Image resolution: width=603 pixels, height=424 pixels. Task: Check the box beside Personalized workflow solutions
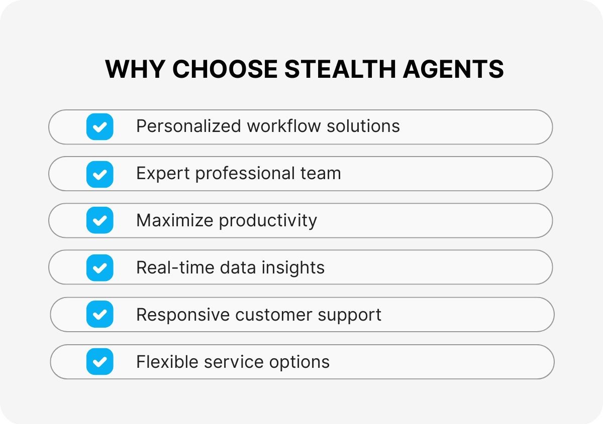tap(99, 126)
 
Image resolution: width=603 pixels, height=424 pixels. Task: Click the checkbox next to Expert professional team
tap(99, 174)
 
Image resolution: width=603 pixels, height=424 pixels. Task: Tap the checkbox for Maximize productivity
tap(99, 221)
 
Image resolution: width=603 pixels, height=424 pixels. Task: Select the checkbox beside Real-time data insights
tap(99, 268)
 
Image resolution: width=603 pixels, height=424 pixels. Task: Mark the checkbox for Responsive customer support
tap(99, 315)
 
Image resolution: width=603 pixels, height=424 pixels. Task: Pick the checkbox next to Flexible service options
tap(99, 362)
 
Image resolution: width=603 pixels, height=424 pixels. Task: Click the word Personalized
tap(189, 126)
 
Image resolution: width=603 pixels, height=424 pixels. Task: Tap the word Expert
tap(163, 174)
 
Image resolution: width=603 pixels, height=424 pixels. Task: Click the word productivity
tap(268, 221)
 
